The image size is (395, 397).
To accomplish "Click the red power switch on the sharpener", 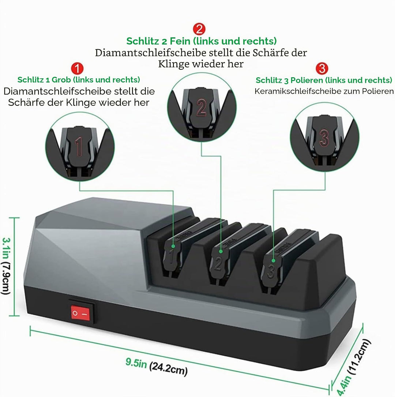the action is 80,313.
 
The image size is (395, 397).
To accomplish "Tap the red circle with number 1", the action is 77,69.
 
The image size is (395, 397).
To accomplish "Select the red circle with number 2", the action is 199,29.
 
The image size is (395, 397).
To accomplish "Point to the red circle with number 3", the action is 322,68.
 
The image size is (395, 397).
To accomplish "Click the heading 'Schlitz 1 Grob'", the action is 44,80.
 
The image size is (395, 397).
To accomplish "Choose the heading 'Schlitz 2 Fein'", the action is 158,41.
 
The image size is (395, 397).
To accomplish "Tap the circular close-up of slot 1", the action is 80,147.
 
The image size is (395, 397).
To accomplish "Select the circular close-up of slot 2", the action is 202,107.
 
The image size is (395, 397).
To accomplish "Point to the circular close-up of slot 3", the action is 325,137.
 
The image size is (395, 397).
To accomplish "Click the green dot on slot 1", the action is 173,246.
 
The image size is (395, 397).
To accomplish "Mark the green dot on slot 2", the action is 221,251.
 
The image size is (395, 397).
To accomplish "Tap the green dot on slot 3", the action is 273,261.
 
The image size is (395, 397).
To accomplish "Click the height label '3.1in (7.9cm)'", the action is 6,266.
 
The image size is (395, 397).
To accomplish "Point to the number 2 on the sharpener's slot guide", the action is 218,264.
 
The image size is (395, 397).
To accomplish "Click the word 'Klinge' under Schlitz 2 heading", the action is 174,64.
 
